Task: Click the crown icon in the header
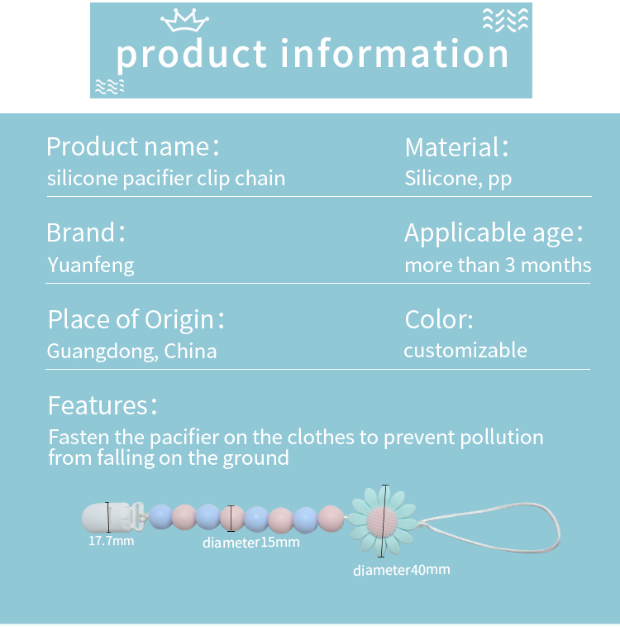[x=184, y=20]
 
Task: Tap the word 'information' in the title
[x=394, y=54]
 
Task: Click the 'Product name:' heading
[x=133, y=146]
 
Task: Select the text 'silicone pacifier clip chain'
[x=166, y=179]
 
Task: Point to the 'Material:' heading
[x=456, y=147]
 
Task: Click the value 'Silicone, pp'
[x=458, y=179]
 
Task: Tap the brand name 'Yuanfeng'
[x=91, y=266]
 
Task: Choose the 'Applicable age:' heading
[x=494, y=232]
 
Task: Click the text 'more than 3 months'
[x=498, y=266]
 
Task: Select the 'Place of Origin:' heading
[x=136, y=320]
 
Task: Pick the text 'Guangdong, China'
[x=132, y=352]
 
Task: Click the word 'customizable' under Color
[x=465, y=350]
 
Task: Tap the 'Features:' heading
[x=103, y=405]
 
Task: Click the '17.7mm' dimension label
[x=111, y=541]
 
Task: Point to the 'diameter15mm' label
[x=251, y=543]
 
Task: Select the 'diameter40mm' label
[x=401, y=570]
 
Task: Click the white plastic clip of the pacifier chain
[x=112, y=518]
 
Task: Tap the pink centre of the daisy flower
[x=382, y=521]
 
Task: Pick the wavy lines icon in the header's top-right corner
[x=505, y=20]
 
